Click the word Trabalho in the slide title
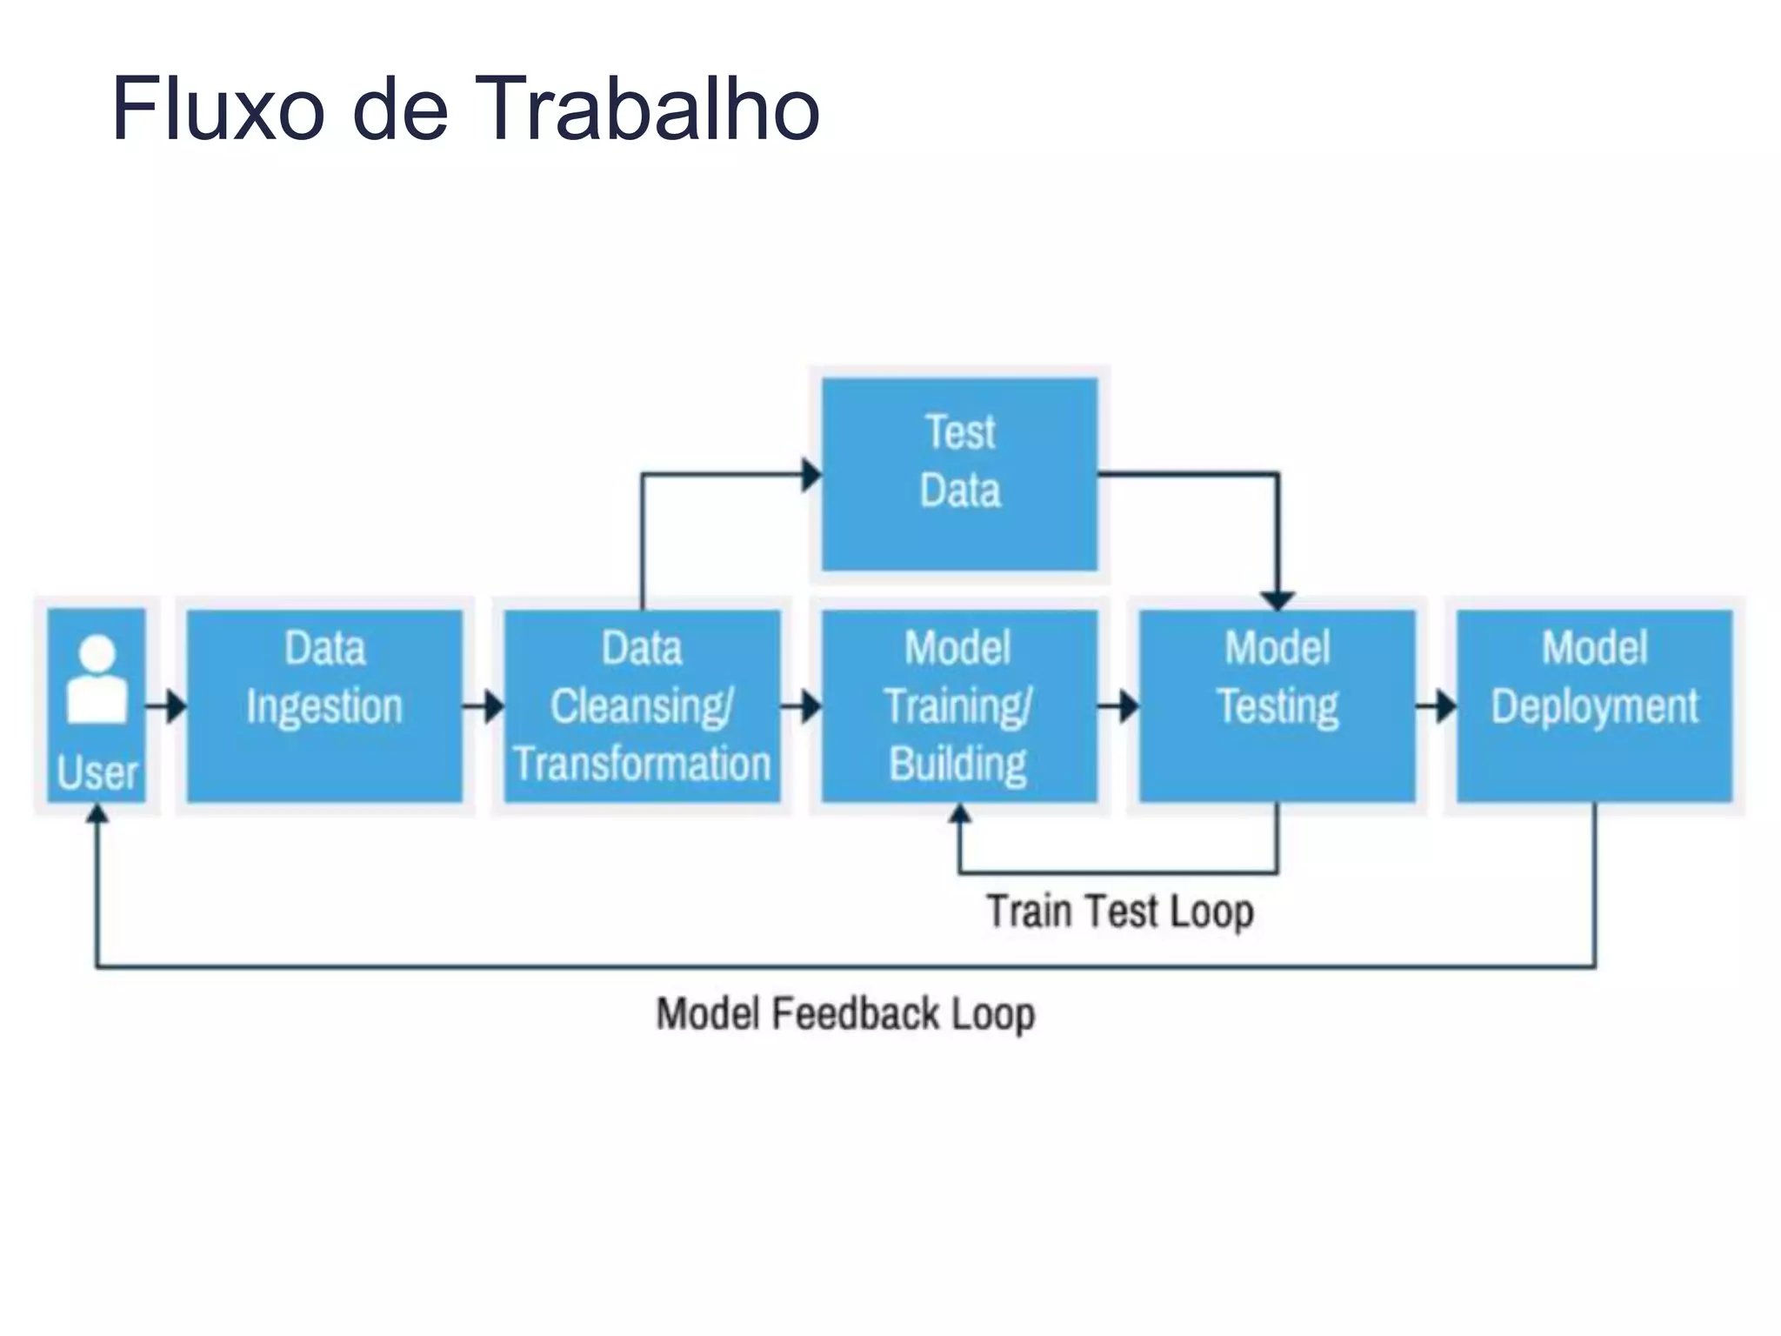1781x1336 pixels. [647, 109]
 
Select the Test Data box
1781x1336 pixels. [959, 474]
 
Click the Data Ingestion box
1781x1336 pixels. [324, 705]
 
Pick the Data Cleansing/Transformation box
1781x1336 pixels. [642, 705]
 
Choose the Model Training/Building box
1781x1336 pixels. [959, 705]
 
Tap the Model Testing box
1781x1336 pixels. [1277, 705]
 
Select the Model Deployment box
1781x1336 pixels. [1594, 705]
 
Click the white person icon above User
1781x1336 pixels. [97, 679]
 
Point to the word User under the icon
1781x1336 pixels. [97, 772]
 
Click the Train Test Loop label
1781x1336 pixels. [1119, 912]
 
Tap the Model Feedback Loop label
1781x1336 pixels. [845, 1014]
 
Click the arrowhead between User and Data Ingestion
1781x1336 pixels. [177, 705]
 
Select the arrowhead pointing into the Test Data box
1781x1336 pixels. [811, 475]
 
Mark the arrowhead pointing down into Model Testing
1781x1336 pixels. [1277, 600]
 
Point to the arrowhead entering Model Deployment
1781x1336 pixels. [1446, 705]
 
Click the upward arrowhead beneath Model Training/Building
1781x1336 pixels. [959, 814]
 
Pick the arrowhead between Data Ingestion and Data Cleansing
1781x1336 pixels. [494, 705]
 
